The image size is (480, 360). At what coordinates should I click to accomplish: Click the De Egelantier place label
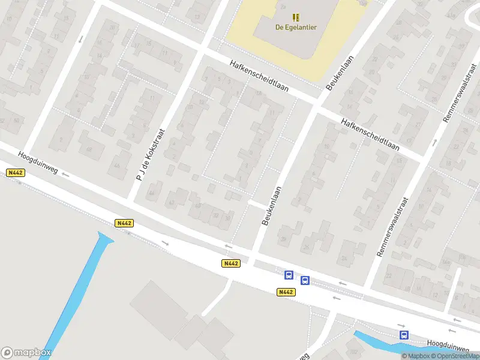pos(296,27)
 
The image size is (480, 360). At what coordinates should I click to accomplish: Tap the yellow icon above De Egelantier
pos(295,17)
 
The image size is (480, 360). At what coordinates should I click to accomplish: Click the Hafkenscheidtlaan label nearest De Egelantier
pos(259,76)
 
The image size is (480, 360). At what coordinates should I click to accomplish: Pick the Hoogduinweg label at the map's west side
pos(37,163)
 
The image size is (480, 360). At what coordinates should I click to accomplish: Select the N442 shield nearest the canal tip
pos(124,223)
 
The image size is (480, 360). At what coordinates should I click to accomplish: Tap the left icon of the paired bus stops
pos(289,275)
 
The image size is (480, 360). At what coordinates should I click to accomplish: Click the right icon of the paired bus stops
pos(305,280)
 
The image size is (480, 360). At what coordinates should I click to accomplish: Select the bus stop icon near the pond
pos(404,335)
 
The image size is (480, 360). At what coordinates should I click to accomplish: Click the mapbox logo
pos(26,353)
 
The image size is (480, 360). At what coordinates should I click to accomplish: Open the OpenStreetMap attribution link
pos(455,356)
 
